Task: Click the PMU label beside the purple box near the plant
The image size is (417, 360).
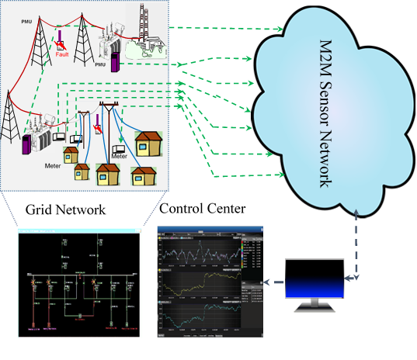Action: pyautogui.click(x=100, y=67)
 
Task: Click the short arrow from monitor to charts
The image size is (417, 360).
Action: pyautogui.click(x=273, y=283)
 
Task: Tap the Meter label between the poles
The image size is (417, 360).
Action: pyautogui.click(x=119, y=156)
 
